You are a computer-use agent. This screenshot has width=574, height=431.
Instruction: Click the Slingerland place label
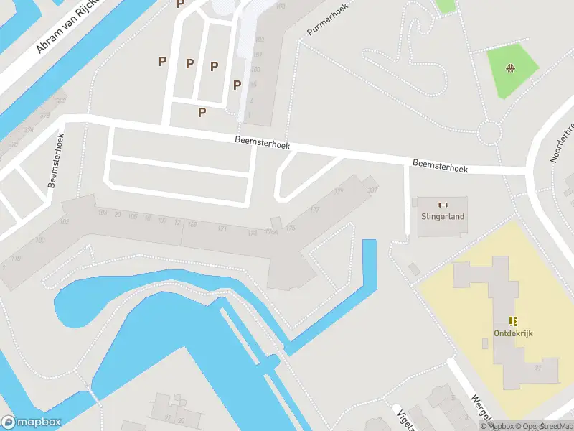point(442,216)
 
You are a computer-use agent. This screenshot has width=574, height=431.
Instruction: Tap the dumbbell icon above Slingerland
point(442,204)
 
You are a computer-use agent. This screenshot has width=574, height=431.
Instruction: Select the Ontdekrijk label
point(513,333)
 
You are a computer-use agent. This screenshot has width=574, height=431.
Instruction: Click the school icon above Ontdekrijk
point(513,321)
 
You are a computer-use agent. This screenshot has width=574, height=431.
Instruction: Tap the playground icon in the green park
point(511,69)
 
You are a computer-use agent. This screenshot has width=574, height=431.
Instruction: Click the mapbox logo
point(32,422)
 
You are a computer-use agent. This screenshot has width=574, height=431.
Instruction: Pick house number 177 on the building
point(314,210)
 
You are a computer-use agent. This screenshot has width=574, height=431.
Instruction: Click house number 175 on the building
point(290,228)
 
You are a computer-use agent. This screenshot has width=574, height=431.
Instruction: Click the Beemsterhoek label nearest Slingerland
point(440,166)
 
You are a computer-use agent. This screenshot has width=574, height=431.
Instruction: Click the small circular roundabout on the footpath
point(489,132)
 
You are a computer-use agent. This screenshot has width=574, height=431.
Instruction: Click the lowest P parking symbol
point(202,112)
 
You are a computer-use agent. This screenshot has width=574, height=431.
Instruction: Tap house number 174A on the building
point(271,231)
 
